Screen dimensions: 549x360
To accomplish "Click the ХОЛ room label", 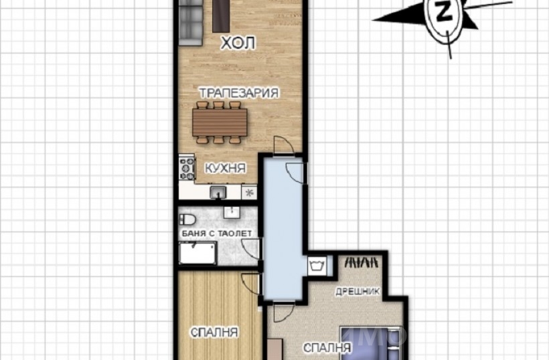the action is (238, 43).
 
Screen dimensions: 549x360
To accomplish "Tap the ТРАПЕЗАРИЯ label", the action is (239, 93).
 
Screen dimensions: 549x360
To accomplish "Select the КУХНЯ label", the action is (225, 168).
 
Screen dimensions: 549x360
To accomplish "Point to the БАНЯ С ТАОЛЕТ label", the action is (217, 234).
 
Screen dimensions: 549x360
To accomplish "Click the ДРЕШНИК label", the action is (358, 292).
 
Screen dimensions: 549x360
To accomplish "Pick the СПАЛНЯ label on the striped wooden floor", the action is (214, 333).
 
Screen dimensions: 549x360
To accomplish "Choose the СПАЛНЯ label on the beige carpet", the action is (327, 348).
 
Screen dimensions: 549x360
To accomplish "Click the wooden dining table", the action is (220, 122).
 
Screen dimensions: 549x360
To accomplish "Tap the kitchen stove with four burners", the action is (187, 168).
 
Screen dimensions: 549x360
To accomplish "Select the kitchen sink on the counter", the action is (218, 192).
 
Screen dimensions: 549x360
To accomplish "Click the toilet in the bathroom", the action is (187, 219).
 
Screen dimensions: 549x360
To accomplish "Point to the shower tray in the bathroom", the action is (198, 252).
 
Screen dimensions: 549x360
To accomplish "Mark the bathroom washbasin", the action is (232, 212).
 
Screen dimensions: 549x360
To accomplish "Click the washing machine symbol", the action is (317, 266).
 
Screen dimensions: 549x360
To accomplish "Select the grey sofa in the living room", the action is (191, 23).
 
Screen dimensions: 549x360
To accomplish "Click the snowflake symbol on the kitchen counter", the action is (249, 193).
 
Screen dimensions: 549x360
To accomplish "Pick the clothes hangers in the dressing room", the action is (362, 262).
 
